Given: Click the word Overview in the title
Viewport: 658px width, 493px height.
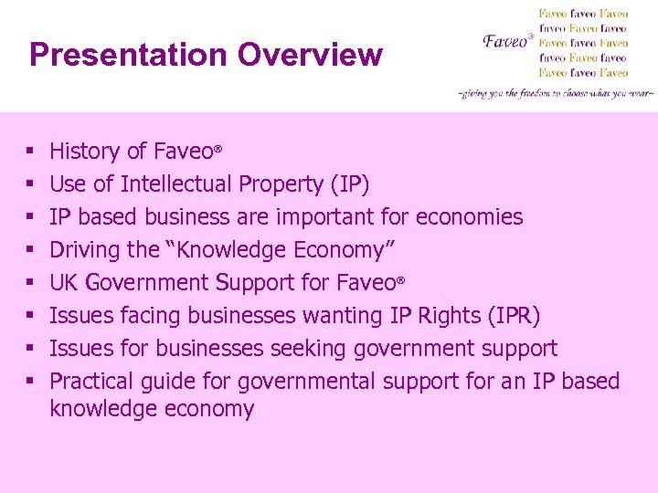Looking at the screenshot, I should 310,55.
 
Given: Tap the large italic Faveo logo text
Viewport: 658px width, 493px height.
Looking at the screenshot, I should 505,41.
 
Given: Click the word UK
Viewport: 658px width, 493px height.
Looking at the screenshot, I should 64,283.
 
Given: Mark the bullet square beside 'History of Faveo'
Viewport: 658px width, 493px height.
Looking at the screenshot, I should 32,152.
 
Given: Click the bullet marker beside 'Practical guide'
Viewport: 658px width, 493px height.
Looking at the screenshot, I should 32,383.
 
